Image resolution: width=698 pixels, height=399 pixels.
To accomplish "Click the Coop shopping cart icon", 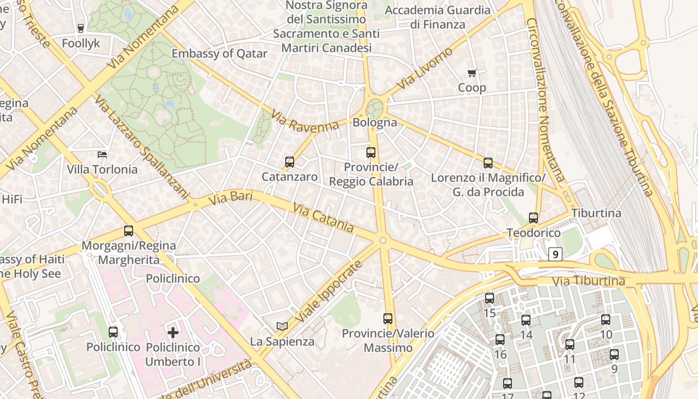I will coord(472,73).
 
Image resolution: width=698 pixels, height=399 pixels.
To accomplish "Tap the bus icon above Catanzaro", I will coord(290,162).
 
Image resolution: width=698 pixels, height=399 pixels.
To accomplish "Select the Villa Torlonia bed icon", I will coord(102,154).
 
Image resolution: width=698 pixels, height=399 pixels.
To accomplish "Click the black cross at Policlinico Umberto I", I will coord(173,332).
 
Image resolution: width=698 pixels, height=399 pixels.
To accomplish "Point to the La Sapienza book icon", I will coord(282,326).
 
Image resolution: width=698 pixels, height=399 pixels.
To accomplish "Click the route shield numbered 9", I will coord(555,254).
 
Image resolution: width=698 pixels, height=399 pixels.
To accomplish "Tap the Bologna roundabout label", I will coord(375,122).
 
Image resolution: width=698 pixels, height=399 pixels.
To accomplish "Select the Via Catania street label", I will coord(323,217).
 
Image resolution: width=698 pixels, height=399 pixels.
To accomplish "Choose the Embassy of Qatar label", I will coord(219,53).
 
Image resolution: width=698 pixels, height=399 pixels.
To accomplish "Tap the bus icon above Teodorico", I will coord(533,217).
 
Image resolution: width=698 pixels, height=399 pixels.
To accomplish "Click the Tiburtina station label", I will coord(596,213).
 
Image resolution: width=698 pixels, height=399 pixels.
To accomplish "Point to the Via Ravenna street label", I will coord(305,121).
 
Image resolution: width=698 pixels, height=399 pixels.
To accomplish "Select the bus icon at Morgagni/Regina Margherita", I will coord(129,230).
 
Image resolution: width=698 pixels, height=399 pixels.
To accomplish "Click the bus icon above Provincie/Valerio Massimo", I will coord(388,318).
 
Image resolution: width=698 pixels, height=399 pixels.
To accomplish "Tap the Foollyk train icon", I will coord(81,28).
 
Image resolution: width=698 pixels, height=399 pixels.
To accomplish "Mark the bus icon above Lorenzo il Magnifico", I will coord(488,163).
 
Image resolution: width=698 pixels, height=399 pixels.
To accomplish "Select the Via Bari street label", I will coord(230,198).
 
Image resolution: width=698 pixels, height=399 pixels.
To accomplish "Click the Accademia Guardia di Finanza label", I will coord(438,17).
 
